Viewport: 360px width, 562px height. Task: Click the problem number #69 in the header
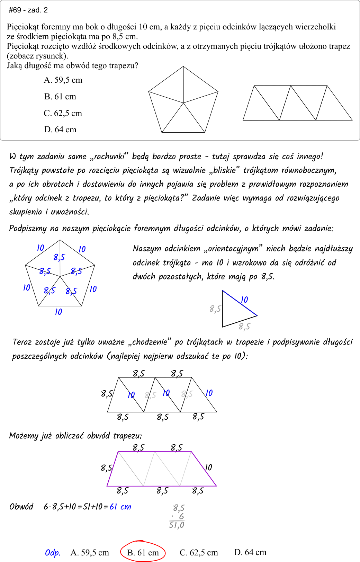pos(15,10)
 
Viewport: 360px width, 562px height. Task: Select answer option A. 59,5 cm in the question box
pos(63,80)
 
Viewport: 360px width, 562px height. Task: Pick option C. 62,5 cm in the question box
pos(63,113)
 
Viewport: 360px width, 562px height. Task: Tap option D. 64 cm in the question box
pos(60,130)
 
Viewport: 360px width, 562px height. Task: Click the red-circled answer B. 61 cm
pos(143,552)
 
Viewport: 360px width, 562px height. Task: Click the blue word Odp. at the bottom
pos(53,553)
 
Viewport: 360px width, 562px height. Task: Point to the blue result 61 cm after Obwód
pos(120,507)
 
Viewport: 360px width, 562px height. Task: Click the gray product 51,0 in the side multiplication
pos(177,525)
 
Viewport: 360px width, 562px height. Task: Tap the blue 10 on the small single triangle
pos(244,300)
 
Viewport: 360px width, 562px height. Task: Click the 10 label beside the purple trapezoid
pos(208,467)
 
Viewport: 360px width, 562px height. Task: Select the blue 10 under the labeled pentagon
pos(58,312)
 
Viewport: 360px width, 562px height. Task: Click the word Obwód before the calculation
pos(21,507)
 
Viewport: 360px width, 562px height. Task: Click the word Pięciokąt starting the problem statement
pos(23,27)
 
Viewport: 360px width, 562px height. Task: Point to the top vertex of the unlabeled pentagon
pos(183,66)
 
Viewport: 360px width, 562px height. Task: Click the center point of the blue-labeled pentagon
pos(60,276)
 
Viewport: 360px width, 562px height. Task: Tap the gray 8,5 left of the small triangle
pos(215,309)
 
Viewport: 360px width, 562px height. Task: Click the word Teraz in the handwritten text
pos(22,342)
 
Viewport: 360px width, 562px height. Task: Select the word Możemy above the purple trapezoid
pos(23,436)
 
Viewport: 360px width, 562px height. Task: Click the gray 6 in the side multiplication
pos(181,516)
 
